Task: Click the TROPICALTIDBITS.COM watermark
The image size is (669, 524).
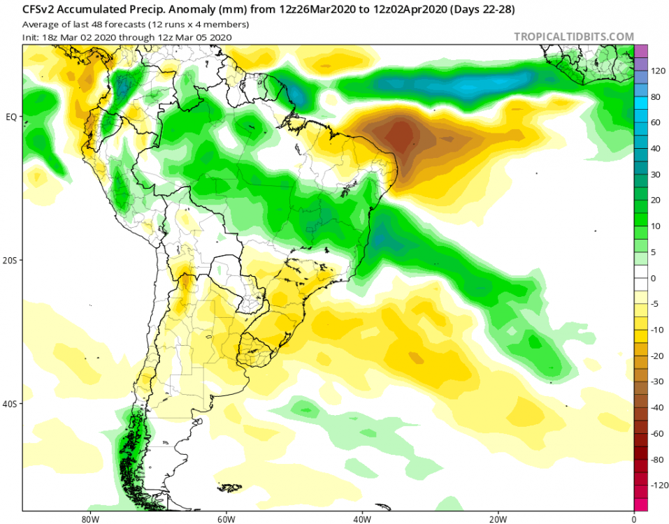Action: [574, 36]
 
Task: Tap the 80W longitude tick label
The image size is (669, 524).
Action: [89, 519]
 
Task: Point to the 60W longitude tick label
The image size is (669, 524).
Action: [225, 519]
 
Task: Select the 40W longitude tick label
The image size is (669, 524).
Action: [361, 519]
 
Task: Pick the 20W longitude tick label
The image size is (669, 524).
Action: [498, 519]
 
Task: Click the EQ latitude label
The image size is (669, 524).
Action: [11, 117]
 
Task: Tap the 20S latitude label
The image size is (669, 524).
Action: [11, 260]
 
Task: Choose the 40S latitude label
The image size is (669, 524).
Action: [11, 404]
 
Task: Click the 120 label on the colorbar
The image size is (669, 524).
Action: [658, 71]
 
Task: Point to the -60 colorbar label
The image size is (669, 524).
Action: [658, 433]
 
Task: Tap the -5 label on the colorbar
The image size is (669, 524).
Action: [658, 304]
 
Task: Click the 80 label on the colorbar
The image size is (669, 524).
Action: [658, 97]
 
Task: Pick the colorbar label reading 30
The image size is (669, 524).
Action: [658, 175]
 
